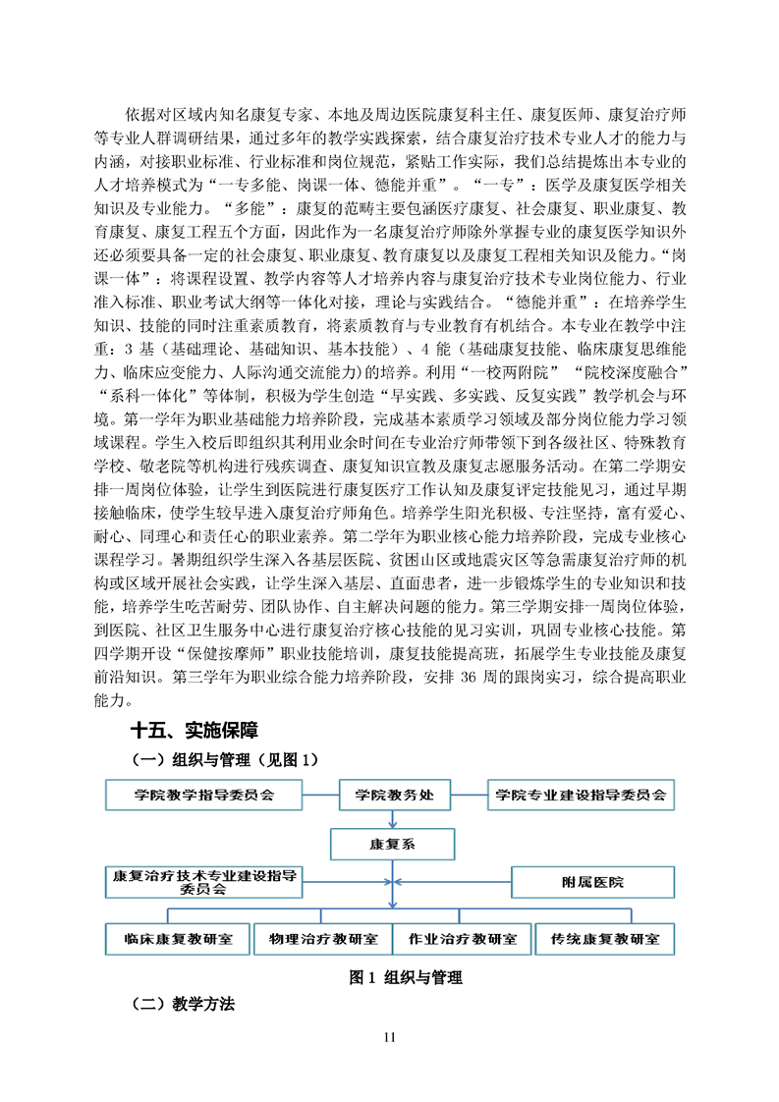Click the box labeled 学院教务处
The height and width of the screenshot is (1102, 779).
[x=393, y=795]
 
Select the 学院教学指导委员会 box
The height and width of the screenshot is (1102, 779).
[x=204, y=795]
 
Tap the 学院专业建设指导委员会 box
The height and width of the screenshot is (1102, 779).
[x=581, y=795]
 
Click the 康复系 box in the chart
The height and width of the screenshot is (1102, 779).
[x=393, y=844]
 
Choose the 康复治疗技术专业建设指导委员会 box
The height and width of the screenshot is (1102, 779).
[x=204, y=881]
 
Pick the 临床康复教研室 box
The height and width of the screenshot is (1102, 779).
[x=179, y=938]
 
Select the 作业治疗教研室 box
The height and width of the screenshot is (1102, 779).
[x=463, y=938]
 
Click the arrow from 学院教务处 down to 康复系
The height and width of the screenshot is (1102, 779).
[x=393, y=819]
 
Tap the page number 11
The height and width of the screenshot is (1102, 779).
[x=390, y=1038]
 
